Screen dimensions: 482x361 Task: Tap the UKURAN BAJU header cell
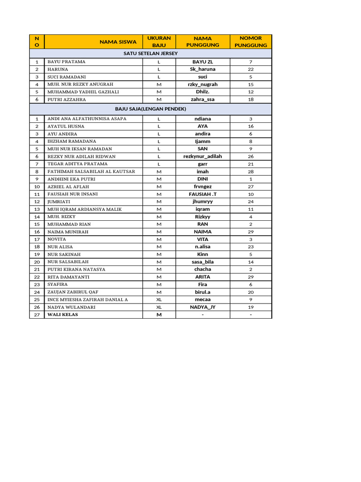point(159,42)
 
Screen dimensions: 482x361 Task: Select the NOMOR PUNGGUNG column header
point(251,42)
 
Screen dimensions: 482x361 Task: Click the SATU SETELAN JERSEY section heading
point(150,54)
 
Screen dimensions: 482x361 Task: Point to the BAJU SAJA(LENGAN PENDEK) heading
point(150,109)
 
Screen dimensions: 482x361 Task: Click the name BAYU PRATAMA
point(66,62)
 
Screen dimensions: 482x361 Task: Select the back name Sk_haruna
point(203,69)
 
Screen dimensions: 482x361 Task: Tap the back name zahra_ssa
point(203,99)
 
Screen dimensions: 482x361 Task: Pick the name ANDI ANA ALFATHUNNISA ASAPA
point(87,119)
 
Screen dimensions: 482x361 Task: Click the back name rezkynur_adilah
point(203,156)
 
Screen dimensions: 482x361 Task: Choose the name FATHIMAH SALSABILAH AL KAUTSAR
point(91,171)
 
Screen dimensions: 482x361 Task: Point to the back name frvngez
point(203,186)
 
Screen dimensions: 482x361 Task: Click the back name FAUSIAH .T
point(203,194)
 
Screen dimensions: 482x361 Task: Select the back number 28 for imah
point(251,171)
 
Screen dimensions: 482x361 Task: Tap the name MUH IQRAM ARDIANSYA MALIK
point(84,209)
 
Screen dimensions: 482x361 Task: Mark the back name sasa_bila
point(203,262)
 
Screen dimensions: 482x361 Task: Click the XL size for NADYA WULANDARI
point(159,307)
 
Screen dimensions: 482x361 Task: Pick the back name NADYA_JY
point(203,307)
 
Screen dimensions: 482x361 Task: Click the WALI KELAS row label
point(63,314)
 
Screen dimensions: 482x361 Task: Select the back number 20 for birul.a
point(251,292)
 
